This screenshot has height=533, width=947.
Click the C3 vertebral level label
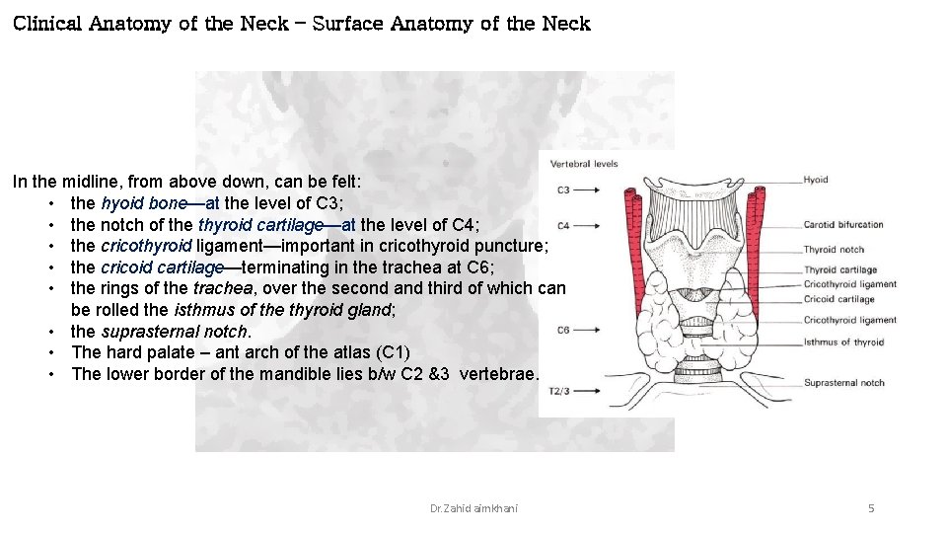(x=563, y=190)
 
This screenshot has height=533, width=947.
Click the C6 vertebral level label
(x=563, y=331)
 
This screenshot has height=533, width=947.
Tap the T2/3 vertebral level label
(x=558, y=391)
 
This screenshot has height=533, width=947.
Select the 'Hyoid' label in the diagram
(x=816, y=180)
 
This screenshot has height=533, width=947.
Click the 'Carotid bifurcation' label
(x=843, y=225)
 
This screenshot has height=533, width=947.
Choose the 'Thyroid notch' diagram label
(x=834, y=251)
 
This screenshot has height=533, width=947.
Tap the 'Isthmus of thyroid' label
(x=843, y=343)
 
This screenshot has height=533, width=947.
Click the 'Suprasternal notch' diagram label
(x=843, y=383)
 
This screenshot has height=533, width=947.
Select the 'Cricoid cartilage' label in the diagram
(x=838, y=299)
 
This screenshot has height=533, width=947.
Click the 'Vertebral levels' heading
(x=584, y=164)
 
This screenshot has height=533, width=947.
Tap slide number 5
(x=871, y=508)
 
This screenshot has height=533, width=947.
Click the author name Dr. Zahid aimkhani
(x=473, y=508)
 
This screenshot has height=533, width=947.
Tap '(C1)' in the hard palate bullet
(x=389, y=352)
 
